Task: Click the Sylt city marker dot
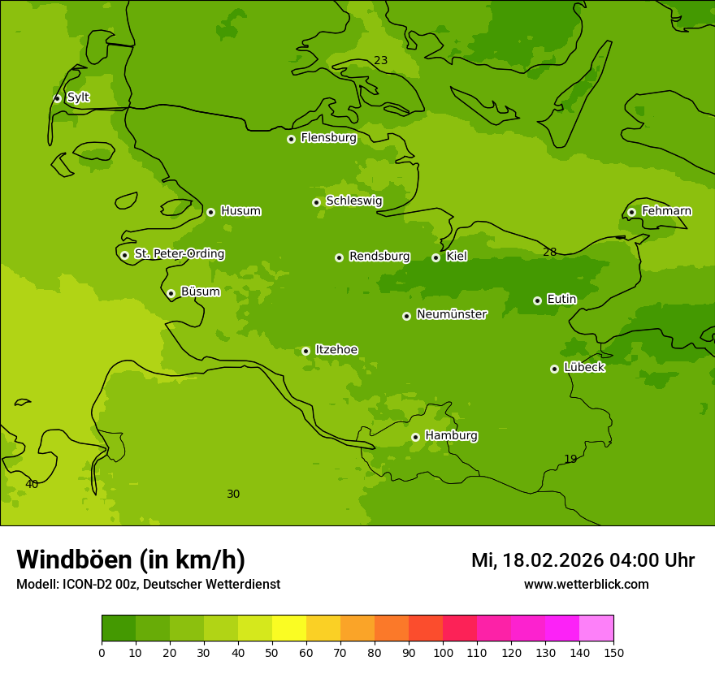click(x=57, y=98)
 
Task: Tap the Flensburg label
click(x=328, y=138)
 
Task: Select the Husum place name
click(x=240, y=211)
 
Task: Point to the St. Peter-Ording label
click(x=179, y=254)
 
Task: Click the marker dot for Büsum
click(x=171, y=293)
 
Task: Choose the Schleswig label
click(x=353, y=201)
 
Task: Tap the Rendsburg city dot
click(x=339, y=257)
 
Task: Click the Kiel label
click(x=456, y=257)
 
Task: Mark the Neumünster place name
click(x=451, y=314)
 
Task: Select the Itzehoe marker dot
click(x=305, y=351)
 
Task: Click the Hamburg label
click(x=451, y=436)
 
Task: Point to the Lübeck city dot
click(x=554, y=369)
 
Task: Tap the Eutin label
click(x=561, y=300)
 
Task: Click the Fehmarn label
click(x=666, y=211)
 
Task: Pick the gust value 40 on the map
click(x=32, y=485)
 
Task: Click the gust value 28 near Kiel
click(x=550, y=253)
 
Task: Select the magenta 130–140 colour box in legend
click(x=562, y=629)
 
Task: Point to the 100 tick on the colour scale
click(x=443, y=652)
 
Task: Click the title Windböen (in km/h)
click(x=131, y=560)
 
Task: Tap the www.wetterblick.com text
click(x=586, y=585)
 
